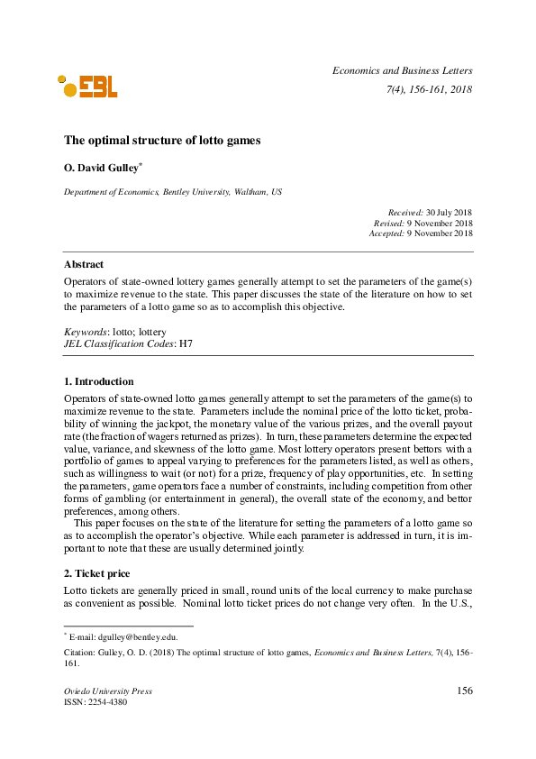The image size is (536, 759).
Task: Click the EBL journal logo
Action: (87, 86)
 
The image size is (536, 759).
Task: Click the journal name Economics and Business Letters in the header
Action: (402, 70)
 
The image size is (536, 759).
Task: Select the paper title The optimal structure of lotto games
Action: (162, 141)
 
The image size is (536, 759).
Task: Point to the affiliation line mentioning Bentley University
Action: (172, 192)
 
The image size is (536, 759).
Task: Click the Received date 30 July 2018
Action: (450, 212)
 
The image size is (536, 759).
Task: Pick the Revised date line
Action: (422, 223)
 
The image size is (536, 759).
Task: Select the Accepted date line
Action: (421, 233)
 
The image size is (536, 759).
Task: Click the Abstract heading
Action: (83, 264)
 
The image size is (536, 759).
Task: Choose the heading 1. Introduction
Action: (98, 381)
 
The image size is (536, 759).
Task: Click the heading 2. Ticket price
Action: (97, 573)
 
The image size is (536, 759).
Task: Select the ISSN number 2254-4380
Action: (106, 702)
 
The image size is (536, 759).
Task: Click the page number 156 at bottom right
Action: (464, 691)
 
